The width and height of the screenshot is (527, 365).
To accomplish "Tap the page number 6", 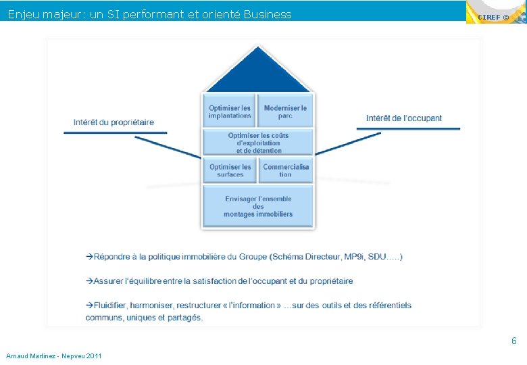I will click(513, 341).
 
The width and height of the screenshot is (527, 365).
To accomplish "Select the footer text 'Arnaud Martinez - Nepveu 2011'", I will click(53, 356).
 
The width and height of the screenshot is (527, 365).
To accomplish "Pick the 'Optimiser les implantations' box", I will click(230, 112).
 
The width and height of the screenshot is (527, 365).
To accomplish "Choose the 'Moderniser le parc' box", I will click(285, 112).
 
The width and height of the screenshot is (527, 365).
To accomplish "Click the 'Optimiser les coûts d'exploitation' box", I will click(258, 143).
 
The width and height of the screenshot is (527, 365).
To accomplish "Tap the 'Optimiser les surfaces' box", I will click(230, 170).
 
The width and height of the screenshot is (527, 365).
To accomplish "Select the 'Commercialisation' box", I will click(286, 170).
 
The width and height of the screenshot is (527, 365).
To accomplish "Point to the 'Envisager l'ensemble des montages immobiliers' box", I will click(258, 206).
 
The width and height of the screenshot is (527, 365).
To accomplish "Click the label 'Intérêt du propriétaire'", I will click(114, 122).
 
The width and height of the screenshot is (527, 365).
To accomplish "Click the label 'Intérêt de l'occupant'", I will click(404, 118).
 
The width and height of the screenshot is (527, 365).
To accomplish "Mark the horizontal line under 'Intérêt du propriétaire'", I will click(115, 133).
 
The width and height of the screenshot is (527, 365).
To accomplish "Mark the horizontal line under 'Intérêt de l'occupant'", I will click(408, 128).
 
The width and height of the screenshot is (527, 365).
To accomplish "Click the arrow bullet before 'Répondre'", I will click(89, 257).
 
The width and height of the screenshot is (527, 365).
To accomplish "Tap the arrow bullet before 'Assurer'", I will click(89, 281).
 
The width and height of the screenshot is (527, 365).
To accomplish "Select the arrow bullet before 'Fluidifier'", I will click(89, 306).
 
